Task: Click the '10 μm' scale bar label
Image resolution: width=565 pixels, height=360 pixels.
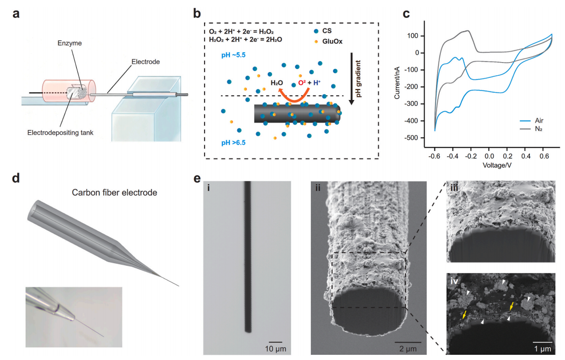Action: pyautogui.click(x=276, y=348)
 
